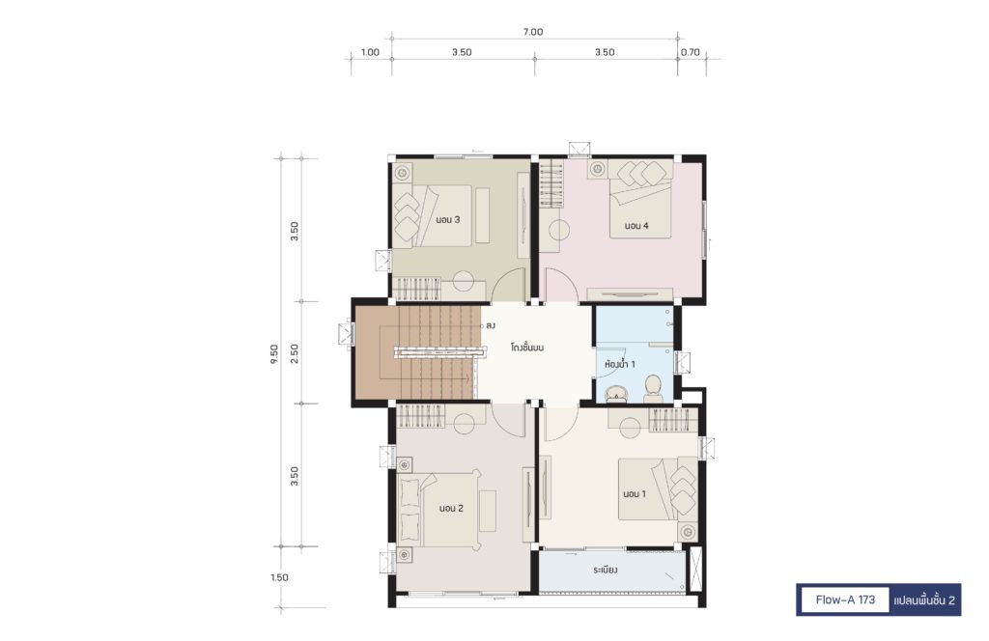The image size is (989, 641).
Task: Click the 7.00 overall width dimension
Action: (x=533, y=32)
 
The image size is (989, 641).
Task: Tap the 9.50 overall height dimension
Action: (x=273, y=355)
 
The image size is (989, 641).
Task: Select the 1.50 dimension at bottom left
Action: (x=279, y=577)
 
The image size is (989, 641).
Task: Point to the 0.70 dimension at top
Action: (x=690, y=52)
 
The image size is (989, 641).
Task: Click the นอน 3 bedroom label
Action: (x=448, y=219)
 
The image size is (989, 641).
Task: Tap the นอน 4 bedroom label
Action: (x=636, y=226)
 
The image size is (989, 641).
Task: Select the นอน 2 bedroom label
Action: (x=452, y=508)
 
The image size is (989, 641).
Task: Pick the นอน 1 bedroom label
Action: (x=635, y=494)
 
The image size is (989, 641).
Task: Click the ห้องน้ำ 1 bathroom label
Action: (x=619, y=364)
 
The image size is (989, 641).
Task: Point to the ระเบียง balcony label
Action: (x=606, y=571)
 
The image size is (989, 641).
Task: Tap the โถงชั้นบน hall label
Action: (x=527, y=348)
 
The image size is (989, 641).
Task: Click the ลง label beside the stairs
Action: (x=491, y=326)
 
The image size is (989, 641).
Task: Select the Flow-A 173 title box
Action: (x=845, y=600)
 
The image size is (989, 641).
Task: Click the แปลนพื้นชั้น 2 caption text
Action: (x=924, y=600)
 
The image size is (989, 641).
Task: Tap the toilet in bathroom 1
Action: (x=652, y=389)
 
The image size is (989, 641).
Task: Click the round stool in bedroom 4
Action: (x=559, y=231)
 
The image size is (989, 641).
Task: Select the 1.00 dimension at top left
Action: (x=370, y=52)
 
